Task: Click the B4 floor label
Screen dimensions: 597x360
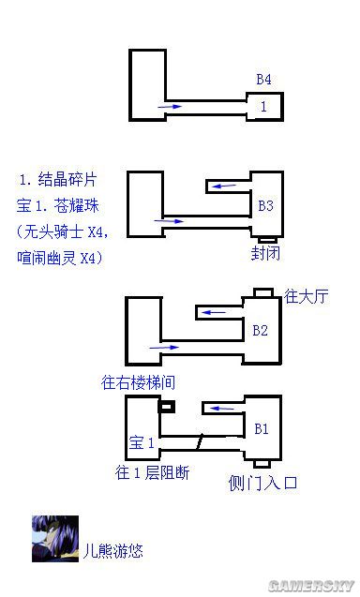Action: click(265, 80)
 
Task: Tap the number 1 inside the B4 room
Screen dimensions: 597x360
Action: click(263, 107)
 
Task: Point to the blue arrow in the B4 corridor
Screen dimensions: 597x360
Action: click(170, 108)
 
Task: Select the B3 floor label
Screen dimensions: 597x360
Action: click(265, 204)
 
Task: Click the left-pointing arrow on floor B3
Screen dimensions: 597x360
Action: click(224, 187)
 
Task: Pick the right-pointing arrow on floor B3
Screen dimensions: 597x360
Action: click(171, 221)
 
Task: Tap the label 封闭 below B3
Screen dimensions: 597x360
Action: click(266, 254)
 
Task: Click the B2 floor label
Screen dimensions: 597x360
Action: click(261, 329)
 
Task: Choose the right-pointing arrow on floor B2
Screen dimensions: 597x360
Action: click(164, 347)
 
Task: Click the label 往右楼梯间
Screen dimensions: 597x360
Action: click(140, 383)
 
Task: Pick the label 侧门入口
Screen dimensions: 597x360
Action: click(262, 484)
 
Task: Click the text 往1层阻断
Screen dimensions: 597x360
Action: click(152, 472)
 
